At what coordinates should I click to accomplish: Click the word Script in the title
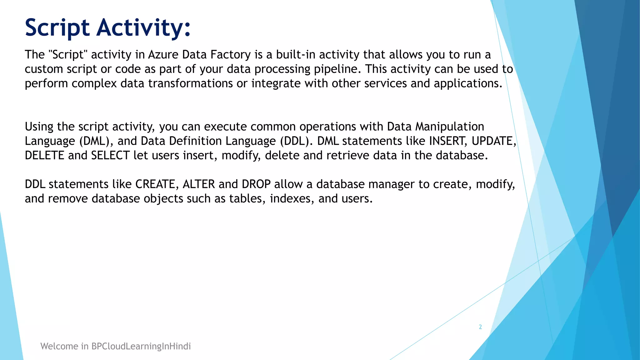click(x=57, y=28)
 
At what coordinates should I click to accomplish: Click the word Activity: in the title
click(x=143, y=28)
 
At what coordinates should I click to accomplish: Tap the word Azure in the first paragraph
click(x=163, y=55)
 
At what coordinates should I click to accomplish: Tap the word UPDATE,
click(x=494, y=141)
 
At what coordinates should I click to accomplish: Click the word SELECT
click(x=110, y=155)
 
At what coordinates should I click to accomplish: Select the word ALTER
click(x=199, y=184)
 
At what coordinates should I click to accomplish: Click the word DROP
click(x=256, y=184)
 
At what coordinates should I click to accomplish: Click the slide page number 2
click(x=480, y=327)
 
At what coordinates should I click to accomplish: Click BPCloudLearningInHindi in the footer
click(x=141, y=346)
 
